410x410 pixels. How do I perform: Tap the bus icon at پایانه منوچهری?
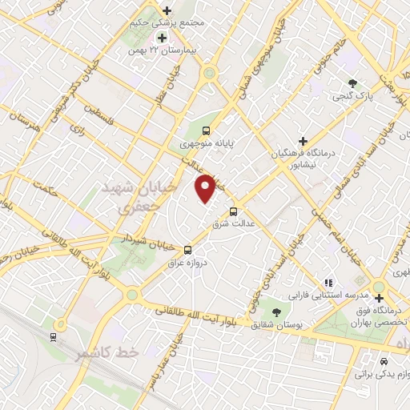coord(207,131)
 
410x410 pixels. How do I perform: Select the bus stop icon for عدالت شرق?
coord(233,212)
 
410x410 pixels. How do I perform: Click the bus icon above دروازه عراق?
coord(187,249)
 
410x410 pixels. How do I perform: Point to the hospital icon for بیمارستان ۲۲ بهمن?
coord(162,38)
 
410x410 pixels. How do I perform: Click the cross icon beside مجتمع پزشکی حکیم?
coord(167,10)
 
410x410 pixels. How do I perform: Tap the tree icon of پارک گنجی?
coord(353,82)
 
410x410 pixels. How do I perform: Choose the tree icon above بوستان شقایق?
coord(276,311)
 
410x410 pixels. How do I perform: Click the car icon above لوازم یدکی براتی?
coord(383,360)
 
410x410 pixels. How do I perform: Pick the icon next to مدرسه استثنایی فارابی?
coord(328,283)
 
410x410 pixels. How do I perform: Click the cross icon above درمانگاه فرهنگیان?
coord(302,141)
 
